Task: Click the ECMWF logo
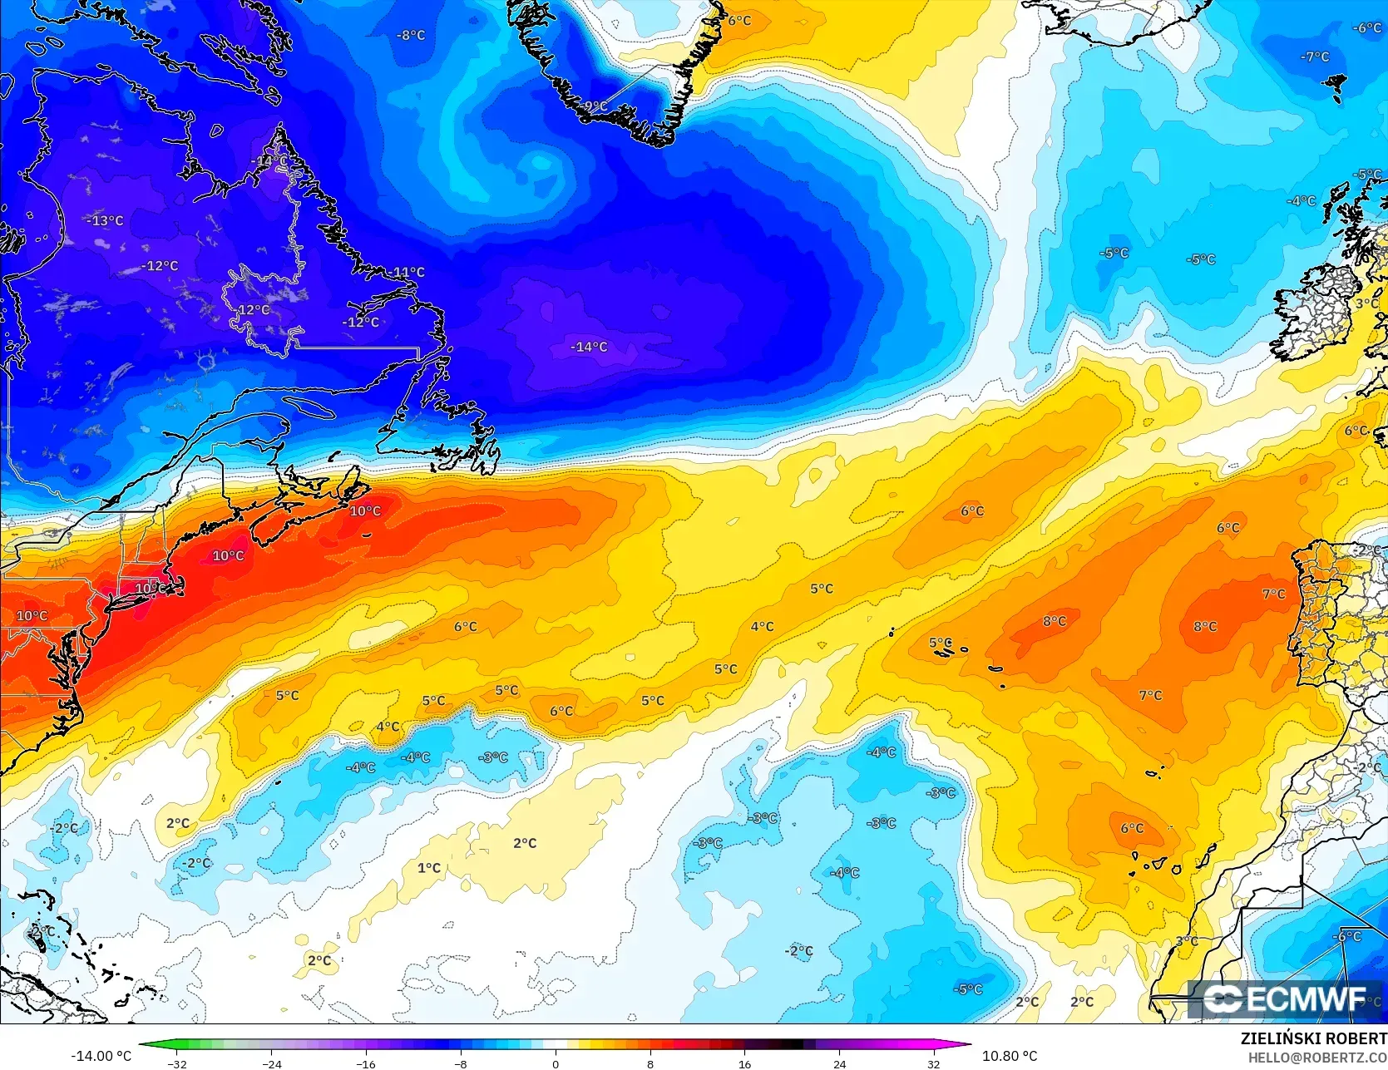click(x=1285, y=999)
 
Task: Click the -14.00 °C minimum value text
click(x=101, y=1056)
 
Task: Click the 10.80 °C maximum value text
click(x=1010, y=1056)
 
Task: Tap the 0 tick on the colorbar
click(x=556, y=1063)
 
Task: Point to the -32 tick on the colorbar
click(x=177, y=1063)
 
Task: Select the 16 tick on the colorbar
click(x=744, y=1063)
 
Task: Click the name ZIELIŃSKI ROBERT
click(x=1313, y=1038)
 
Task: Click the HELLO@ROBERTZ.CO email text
click(x=1317, y=1057)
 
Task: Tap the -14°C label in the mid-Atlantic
click(x=589, y=347)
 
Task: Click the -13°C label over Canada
click(x=105, y=220)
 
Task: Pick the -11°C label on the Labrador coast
click(x=406, y=272)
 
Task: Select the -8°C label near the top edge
click(x=411, y=35)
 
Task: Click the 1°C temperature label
click(x=429, y=868)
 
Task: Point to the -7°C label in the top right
click(x=1315, y=57)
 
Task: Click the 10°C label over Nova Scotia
click(x=365, y=510)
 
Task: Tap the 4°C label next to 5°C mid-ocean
click(x=762, y=626)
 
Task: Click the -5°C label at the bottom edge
click(x=968, y=989)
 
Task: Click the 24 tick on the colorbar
click(x=839, y=1063)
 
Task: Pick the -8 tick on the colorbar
click(x=461, y=1063)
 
